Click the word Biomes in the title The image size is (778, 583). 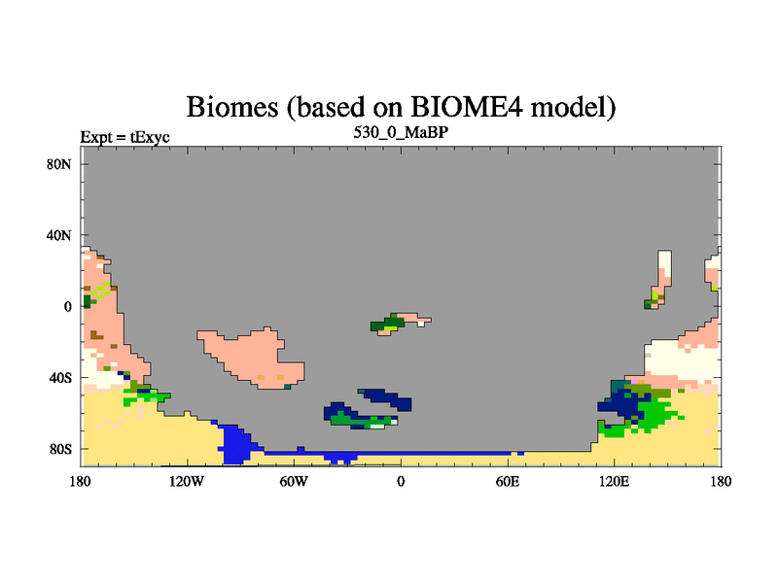(231, 107)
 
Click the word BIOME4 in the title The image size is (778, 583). (466, 106)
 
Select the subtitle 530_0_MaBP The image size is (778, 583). (401, 132)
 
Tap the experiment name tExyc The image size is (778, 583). (150, 137)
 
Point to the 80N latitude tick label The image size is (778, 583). (58, 164)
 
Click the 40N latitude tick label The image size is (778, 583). (58, 235)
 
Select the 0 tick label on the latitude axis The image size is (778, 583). (67, 307)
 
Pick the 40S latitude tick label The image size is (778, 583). (59, 378)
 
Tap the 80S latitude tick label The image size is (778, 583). (59, 449)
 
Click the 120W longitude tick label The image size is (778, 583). (187, 481)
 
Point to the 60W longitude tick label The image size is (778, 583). (294, 481)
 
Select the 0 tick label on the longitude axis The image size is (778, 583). (401, 481)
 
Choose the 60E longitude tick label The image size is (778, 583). (508, 481)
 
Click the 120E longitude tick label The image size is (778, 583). (615, 481)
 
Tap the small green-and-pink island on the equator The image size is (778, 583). (397, 324)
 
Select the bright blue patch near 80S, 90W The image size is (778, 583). (235, 443)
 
